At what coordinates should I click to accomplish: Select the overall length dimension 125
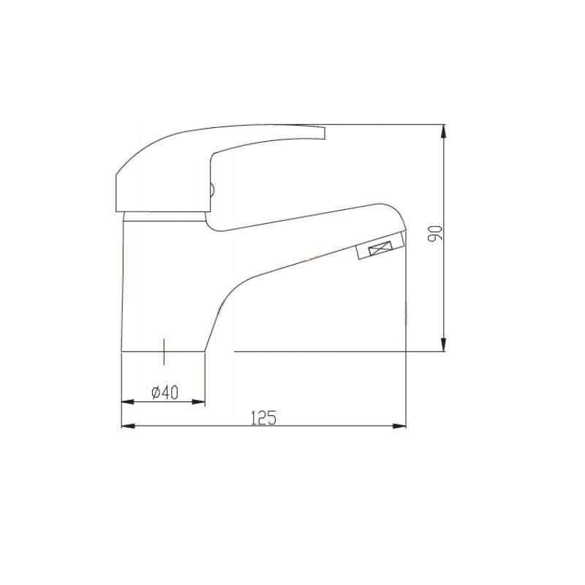tap(263, 418)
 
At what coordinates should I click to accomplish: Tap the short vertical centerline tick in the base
tap(165, 352)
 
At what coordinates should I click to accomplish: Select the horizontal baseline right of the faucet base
tap(322, 352)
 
